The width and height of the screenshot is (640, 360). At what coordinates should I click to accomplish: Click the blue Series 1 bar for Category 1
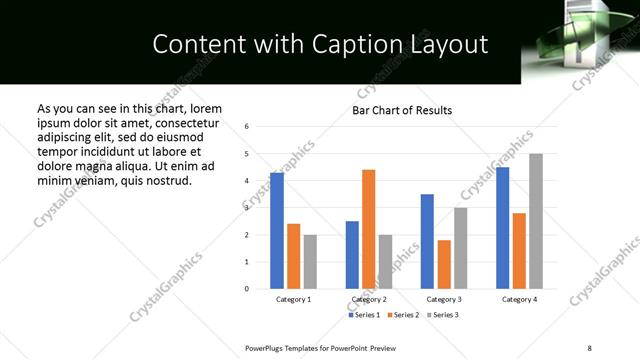tap(277, 231)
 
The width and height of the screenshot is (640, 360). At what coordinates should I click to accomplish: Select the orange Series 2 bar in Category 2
tap(368, 229)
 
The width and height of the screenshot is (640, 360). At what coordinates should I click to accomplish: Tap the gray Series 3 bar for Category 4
tap(536, 221)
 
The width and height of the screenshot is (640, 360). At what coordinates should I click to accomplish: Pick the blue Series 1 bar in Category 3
tap(427, 241)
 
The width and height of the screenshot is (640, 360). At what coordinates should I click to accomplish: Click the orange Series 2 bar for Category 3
tap(444, 264)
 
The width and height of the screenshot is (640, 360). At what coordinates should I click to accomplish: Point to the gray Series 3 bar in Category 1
tap(310, 262)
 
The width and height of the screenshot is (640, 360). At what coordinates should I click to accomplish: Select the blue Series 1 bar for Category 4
tap(502, 228)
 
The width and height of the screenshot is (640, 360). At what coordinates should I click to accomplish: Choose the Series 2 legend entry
tap(403, 315)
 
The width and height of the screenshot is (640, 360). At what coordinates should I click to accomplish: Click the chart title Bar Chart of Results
tap(402, 110)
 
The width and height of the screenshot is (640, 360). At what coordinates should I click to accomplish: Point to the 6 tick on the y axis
tap(247, 127)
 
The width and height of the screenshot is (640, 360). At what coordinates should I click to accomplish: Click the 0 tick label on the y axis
tap(247, 289)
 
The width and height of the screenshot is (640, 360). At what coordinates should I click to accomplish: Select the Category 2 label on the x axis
tap(369, 299)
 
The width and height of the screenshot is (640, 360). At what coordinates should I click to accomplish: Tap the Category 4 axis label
tap(519, 299)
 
